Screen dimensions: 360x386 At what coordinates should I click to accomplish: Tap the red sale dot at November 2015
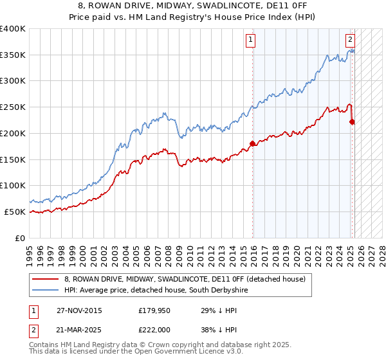[x=252, y=143]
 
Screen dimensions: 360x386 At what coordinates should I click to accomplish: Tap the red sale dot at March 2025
[x=352, y=122]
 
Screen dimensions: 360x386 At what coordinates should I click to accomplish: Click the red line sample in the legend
[x=46, y=279]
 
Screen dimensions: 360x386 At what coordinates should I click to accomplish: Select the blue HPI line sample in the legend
[x=46, y=291]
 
